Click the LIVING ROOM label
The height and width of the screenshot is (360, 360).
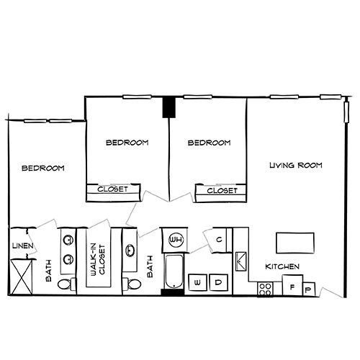pyautogui.click(x=295, y=166)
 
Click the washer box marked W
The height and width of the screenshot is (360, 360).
pyautogui.click(x=197, y=283)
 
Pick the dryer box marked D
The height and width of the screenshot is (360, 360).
pyautogui.click(x=217, y=283)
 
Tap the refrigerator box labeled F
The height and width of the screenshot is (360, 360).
pyautogui.click(x=292, y=287)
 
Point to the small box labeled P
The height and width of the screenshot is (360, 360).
pyautogui.click(x=309, y=290)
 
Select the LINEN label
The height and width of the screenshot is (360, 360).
pyautogui.click(x=20, y=246)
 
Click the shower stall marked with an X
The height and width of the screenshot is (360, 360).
pyautogui.click(x=22, y=276)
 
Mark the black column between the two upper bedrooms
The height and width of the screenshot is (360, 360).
pyautogui.click(x=168, y=107)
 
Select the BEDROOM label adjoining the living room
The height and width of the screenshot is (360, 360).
pyautogui.click(x=209, y=143)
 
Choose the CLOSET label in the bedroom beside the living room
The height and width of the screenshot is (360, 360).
pyautogui.click(x=222, y=192)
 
